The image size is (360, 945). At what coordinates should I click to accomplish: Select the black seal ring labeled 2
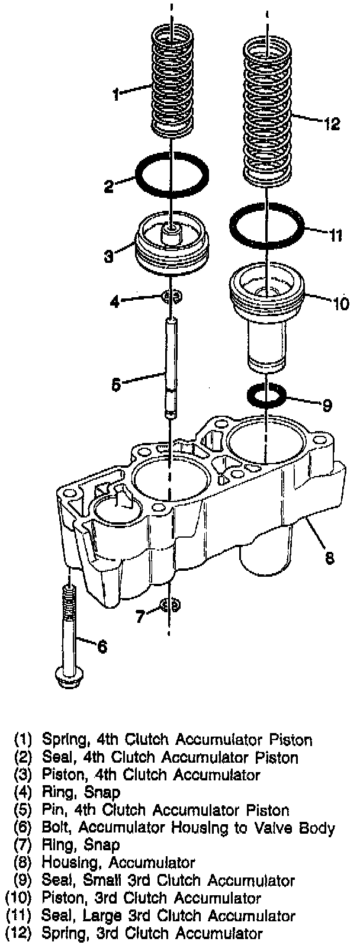172,176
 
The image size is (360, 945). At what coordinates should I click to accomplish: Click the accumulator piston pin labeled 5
170,367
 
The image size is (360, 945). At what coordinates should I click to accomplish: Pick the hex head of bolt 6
70,676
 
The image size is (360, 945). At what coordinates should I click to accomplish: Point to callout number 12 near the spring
332,124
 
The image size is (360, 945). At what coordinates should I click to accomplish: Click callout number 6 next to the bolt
102,647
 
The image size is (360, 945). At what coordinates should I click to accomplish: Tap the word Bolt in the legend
57,828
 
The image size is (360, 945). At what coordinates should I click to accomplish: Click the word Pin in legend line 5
54,810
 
